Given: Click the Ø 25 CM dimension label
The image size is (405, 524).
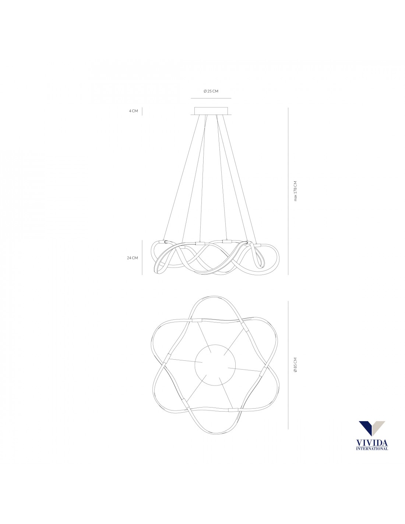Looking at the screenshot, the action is point(211,91).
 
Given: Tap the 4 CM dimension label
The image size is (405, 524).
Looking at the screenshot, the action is point(134,111).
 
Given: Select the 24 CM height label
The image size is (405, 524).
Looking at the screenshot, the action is point(133,258).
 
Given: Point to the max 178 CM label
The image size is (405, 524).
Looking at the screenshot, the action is point(295,191).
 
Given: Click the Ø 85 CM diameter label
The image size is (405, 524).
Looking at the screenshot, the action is point(295,364).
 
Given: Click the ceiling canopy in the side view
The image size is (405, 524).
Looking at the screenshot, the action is point(211,111).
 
